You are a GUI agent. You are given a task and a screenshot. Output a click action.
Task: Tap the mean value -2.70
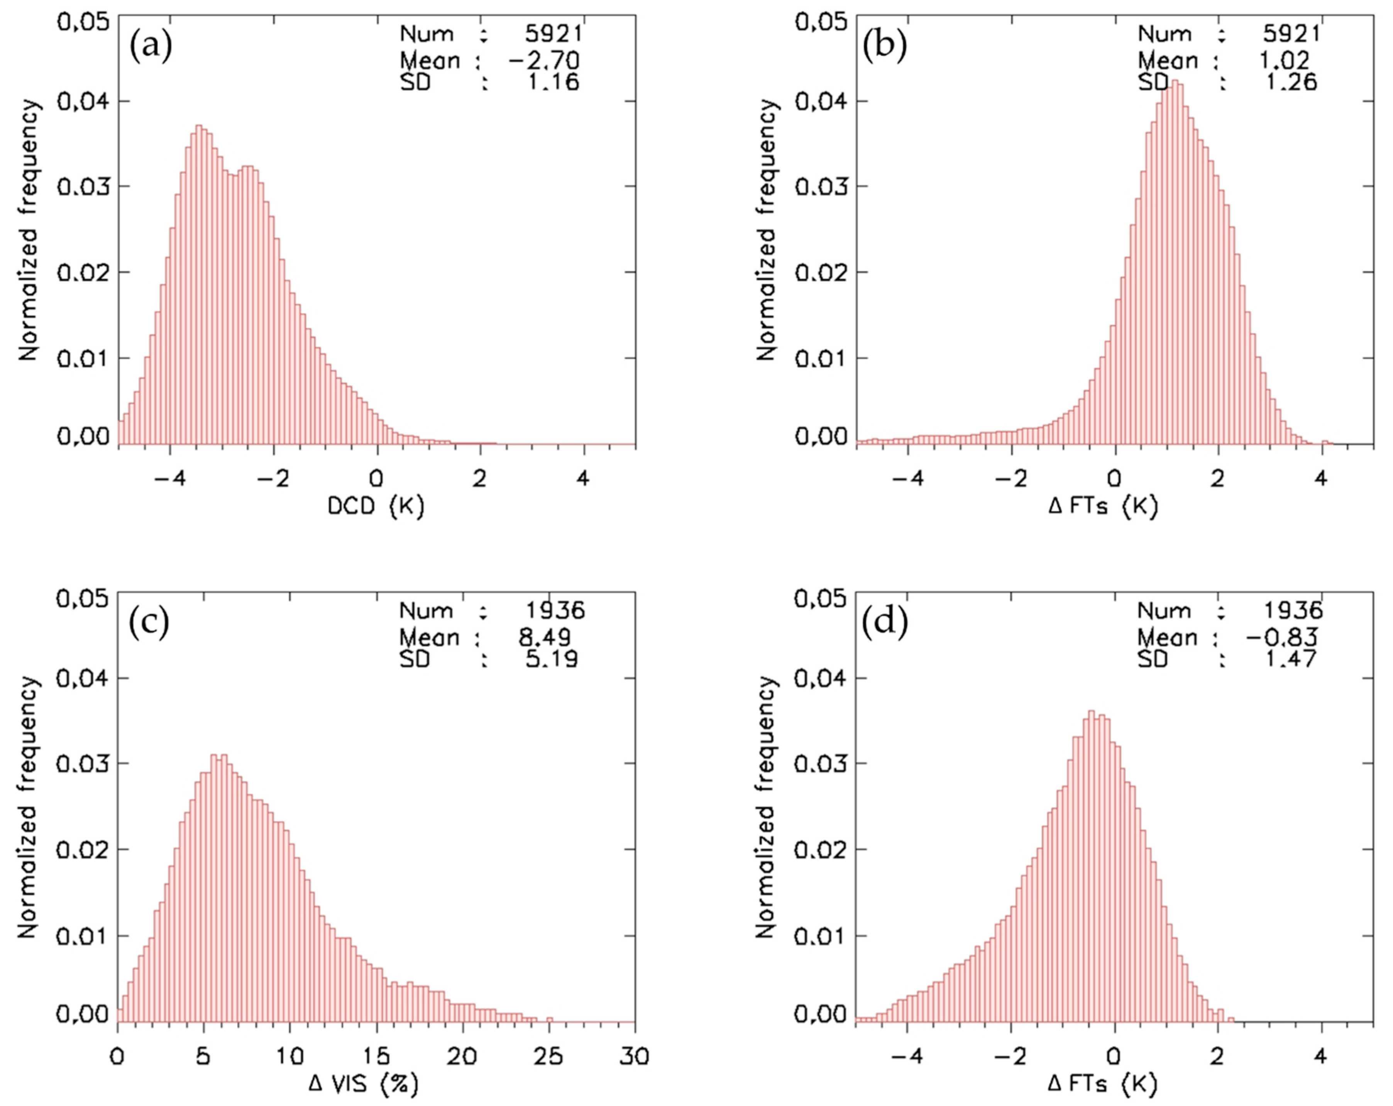click(543, 61)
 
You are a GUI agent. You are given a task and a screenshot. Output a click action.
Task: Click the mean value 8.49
click(543, 638)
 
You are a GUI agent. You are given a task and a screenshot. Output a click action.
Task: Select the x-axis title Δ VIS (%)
click(363, 1083)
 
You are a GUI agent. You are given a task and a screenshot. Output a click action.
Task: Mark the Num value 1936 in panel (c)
click(554, 610)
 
